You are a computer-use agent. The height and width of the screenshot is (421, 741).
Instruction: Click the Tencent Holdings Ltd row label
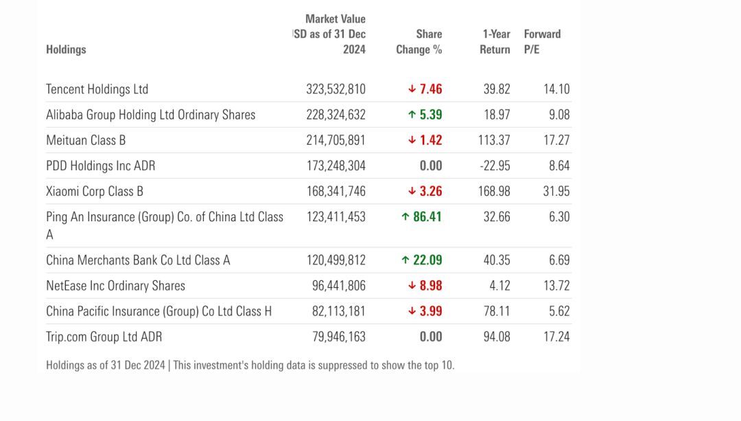(x=97, y=89)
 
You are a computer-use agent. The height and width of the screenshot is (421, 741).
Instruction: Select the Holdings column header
(x=66, y=49)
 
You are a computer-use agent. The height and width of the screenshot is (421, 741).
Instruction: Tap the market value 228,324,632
(x=336, y=115)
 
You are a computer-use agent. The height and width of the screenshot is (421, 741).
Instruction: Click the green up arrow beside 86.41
(x=405, y=217)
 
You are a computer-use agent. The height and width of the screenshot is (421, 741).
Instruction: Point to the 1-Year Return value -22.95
(x=495, y=166)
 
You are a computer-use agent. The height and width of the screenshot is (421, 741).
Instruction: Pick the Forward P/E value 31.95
(x=556, y=191)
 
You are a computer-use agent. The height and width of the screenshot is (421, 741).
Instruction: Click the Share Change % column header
(x=419, y=42)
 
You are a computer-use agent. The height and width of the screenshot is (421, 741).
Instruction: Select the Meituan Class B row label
(x=86, y=140)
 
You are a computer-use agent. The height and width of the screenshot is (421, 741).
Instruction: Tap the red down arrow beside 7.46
(x=412, y=89)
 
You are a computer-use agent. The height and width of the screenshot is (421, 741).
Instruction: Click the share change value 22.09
(x=427, y=260)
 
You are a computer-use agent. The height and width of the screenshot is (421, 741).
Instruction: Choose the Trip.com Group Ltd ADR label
(x=104, y=337)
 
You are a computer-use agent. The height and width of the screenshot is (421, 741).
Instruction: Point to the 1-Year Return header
(x=495, y=42)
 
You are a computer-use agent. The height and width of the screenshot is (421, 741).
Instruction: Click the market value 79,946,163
(x=339, y=337)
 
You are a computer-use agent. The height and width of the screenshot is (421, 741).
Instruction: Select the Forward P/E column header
(x=542, y=42)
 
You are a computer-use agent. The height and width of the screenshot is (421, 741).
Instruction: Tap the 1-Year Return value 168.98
(x=494, y=191)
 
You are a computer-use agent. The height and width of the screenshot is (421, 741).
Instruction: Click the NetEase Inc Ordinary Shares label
(x=115, y=286)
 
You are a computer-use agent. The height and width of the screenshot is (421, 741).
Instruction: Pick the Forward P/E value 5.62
(x=559, y=311)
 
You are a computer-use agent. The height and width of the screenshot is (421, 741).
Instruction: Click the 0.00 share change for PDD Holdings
(x=431, y=166)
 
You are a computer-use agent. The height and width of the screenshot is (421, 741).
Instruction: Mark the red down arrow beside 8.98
(x=412, y=286)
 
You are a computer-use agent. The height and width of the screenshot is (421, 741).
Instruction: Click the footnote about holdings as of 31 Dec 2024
(x=250, y=365)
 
